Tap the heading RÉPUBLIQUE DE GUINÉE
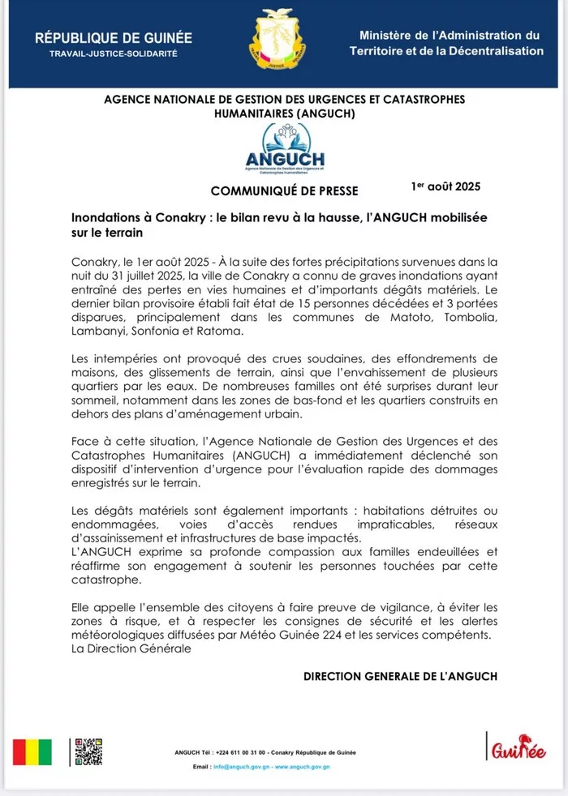114,38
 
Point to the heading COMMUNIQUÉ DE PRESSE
284,191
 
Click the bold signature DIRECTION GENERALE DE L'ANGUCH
400,675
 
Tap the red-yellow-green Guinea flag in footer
32,752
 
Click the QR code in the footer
88,752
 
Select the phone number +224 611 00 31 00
239,753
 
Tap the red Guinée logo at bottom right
516,748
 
